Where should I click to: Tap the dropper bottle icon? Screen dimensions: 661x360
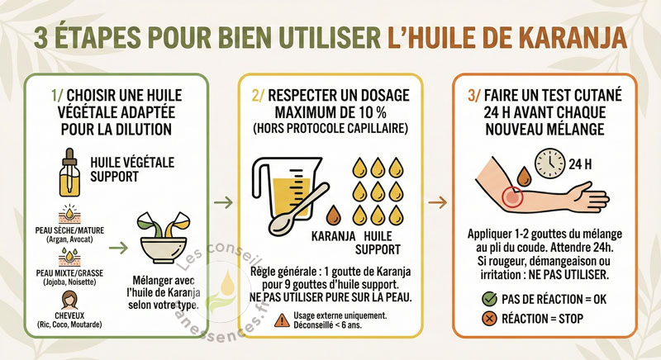(69, 173)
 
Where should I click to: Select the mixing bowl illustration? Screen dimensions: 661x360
(163, 238)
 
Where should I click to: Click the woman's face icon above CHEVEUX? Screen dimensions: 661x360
(69, 301)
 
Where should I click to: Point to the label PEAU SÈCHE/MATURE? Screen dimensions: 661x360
(69, 230)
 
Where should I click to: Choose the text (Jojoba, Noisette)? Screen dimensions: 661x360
(69, 282)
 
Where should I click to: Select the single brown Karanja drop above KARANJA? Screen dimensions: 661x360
(334, 215)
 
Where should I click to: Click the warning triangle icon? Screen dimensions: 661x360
(282, 320)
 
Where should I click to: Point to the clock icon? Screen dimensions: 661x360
(549, 163)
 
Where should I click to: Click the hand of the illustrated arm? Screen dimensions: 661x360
(589, 197)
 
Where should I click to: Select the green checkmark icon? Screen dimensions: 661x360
(489, 299)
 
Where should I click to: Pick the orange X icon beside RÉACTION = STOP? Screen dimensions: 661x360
(489, 319)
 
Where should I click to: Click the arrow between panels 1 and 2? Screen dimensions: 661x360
(223, 202)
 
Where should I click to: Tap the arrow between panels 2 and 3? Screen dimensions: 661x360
(438, 202)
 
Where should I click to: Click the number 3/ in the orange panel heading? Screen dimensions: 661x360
(473, 96)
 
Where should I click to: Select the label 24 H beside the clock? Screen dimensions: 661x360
(580, 163)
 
